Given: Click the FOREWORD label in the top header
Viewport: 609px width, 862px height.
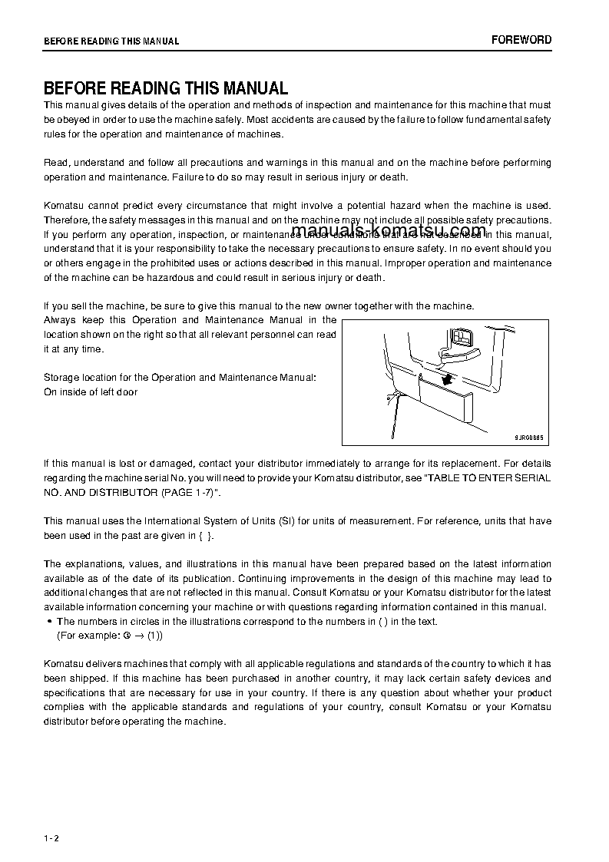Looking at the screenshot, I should pos(521,40).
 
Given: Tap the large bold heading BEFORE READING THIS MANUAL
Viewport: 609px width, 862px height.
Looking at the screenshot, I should pos(165,88).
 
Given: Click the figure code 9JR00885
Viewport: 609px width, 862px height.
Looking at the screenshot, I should pos(528,437).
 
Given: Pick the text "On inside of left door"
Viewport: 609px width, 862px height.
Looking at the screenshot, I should pos(91,392).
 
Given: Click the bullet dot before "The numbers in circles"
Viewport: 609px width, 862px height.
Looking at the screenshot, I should pos(49,622).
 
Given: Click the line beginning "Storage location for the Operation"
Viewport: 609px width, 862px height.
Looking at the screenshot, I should pos(180,378).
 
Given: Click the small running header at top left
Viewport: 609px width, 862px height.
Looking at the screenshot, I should pos(111,41).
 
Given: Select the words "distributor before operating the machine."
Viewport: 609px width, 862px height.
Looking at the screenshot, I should pos(134,722).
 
